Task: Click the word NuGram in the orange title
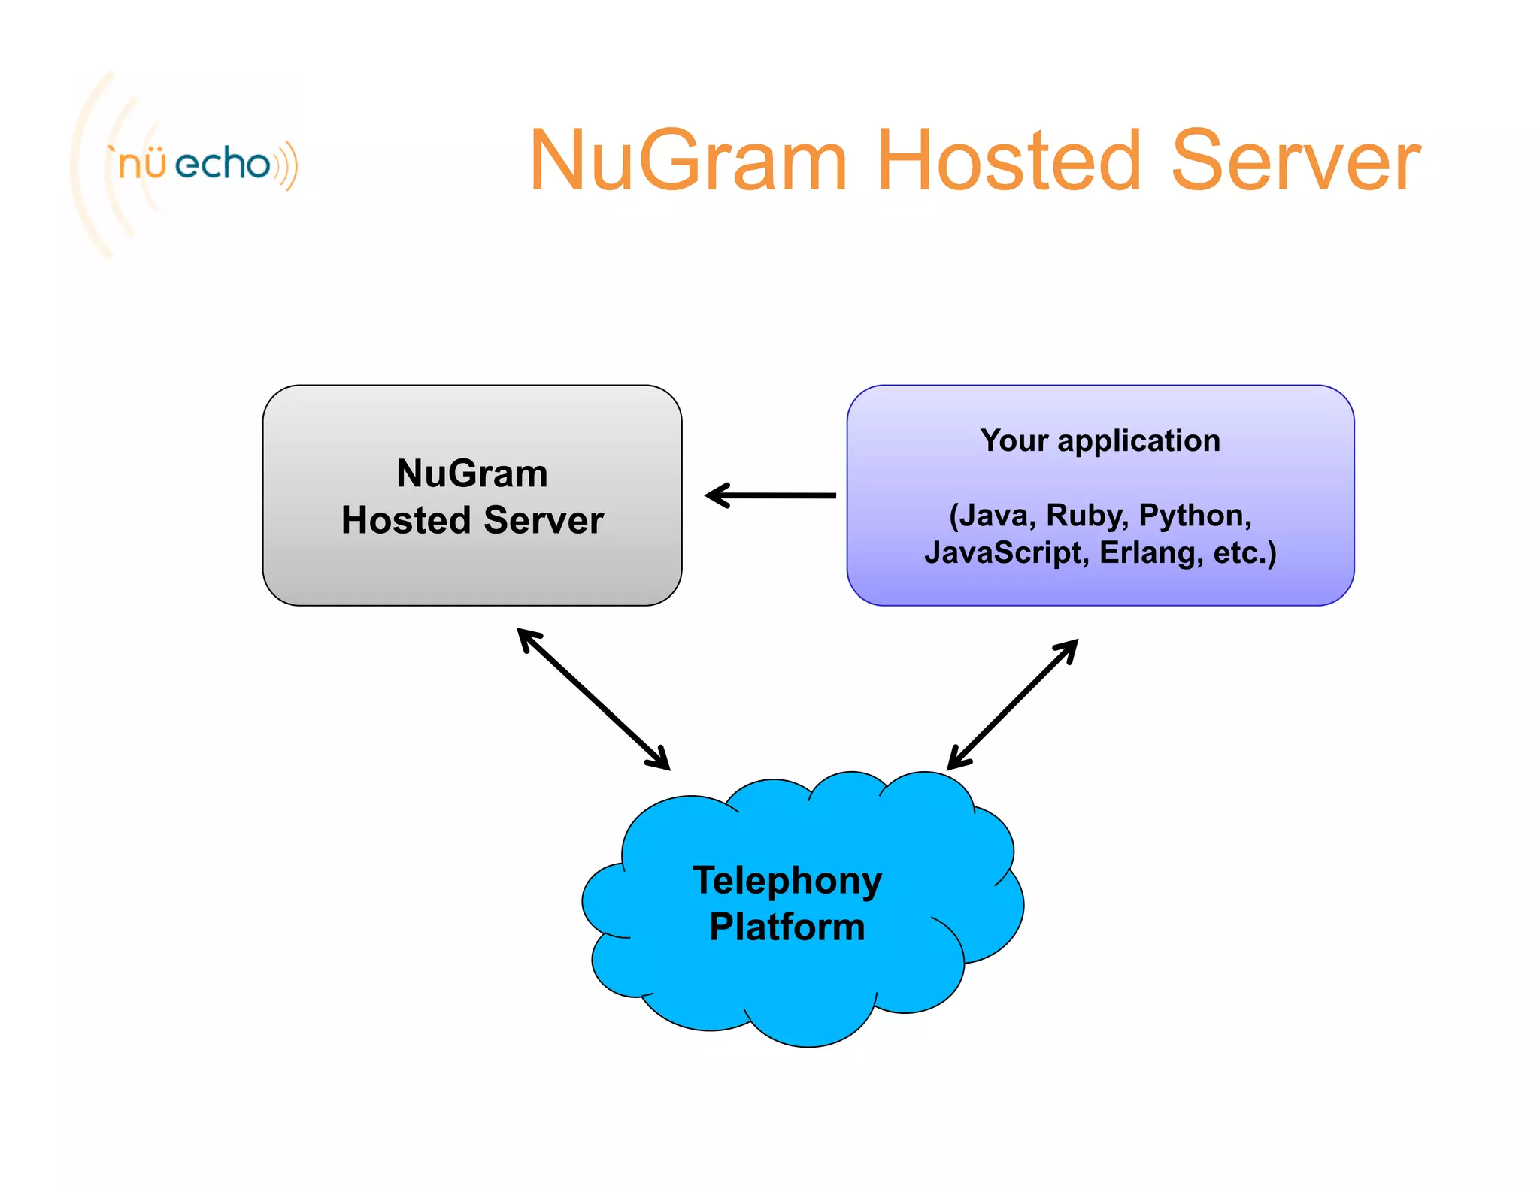tap(688, 160)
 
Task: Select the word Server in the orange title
tap(1295, 160)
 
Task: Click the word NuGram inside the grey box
tap(472, 473)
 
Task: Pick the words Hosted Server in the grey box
tap(472, 520)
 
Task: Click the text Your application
tap(1099, 440)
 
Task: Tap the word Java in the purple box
tap(994, 516)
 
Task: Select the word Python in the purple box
tap(1193, 516)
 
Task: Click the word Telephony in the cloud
tap(787, 880)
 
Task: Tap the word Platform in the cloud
tap(787, 927)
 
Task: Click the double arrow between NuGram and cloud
tap(593, 699)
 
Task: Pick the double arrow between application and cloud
tap(1012, 704)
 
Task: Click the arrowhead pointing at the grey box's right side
tap(716, 495)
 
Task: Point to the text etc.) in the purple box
tap(1244, 553)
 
